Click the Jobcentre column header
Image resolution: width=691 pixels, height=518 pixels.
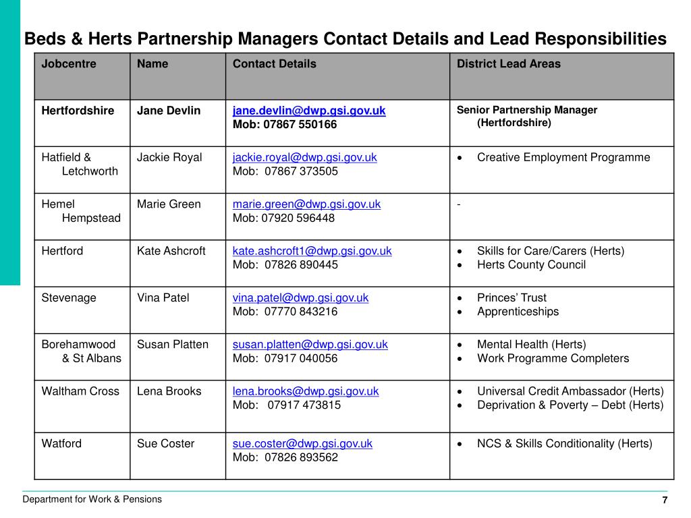coord(69,64)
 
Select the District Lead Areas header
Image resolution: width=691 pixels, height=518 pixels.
coord(508,64)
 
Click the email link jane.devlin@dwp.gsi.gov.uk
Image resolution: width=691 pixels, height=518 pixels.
coord(309,111)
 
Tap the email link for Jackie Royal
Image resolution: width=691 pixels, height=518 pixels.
coord(304,157)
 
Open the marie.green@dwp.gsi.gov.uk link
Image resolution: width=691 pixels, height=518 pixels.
coord(306,204)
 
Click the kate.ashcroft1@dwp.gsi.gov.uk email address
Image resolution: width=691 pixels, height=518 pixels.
coord(312,251)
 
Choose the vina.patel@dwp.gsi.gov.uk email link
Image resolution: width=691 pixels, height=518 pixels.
coord(300,297)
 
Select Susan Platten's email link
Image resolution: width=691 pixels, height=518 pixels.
coord(310,344)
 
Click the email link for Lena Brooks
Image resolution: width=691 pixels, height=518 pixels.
coord(306,391)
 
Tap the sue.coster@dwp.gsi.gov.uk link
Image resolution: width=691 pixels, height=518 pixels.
coord(302,443)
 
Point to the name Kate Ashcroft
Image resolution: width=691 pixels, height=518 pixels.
coord(171,251)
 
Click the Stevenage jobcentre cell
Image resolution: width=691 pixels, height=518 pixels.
coord(69,297)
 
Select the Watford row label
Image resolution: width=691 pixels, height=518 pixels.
coord(61,443)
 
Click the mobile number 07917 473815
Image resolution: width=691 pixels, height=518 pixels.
coord(304,405)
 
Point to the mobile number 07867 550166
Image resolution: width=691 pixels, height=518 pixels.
coord(300,125)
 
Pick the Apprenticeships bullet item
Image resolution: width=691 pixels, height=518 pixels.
coord(518,312)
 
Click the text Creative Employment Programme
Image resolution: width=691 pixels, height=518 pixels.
coord(563,157)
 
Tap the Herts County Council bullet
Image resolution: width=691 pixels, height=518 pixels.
coord(531,264)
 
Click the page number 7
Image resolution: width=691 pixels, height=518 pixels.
coord(665,500)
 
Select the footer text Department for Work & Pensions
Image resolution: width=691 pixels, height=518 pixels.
coord(92,499)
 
